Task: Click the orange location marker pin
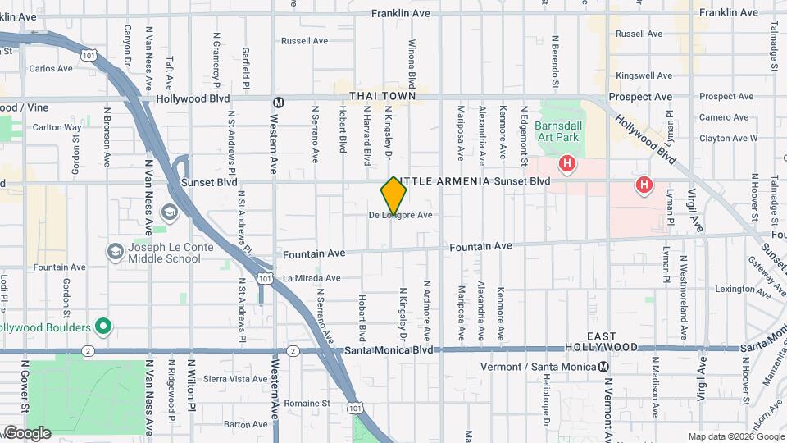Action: click(x=393, y=196)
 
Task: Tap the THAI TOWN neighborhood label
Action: click(x=383, y=97)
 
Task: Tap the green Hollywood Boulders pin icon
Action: click(x=102, y=327)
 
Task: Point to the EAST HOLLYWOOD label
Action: click(x=612, y=342)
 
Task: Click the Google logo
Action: click(x=26, y=433)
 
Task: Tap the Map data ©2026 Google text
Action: click(x=735, y=436)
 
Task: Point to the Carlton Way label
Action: click(x=57, y=127)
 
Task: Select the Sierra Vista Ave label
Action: click(x=235, y=379)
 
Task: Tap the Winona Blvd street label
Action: click(x=412, y=64)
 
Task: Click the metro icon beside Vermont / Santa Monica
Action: click(x=603, y=366)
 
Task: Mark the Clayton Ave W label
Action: click(x=729, y=139)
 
